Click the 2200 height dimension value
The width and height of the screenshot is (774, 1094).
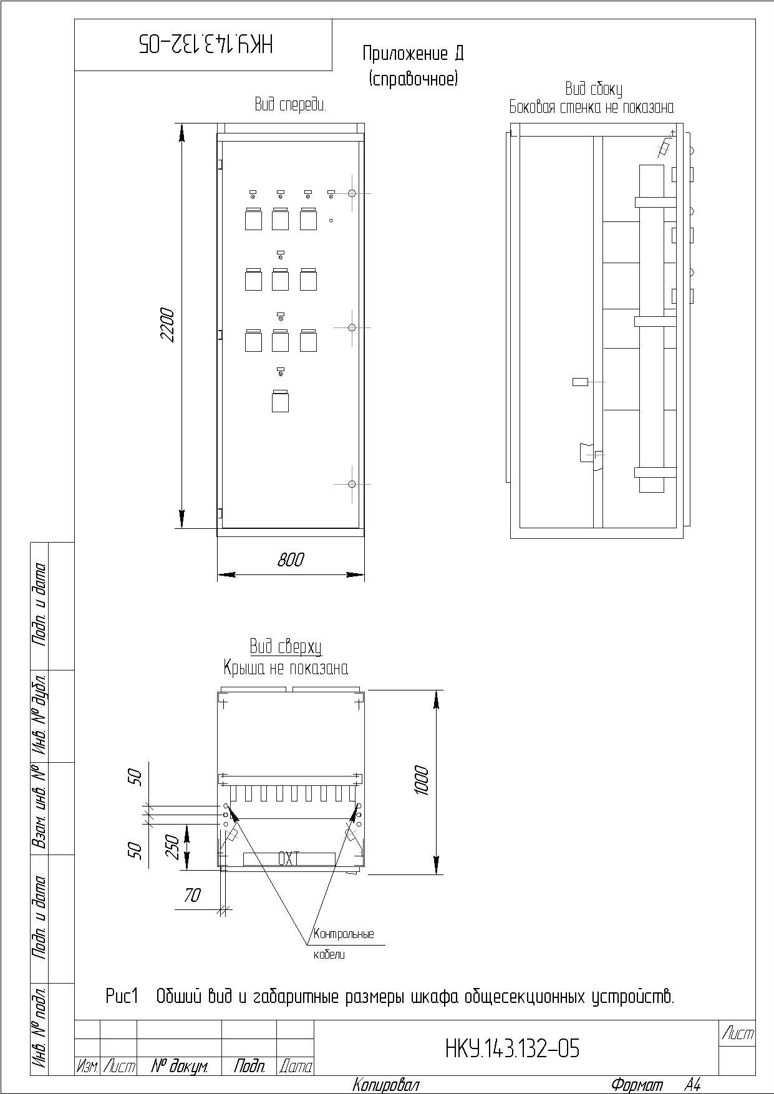coord(168,324)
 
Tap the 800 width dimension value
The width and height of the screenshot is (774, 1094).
coord(291,559)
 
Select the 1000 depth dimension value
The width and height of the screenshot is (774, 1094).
coord(422,780)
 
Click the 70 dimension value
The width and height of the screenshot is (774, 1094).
coord(192,896)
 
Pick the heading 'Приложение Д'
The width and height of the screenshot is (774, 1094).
coord(413,54)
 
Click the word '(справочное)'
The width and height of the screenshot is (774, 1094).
coord(413,79)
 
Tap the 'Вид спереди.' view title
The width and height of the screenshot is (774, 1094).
coord(291,105)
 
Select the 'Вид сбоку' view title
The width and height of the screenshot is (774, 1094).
coord(594,89)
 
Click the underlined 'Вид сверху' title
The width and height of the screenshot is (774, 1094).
coord(286,646)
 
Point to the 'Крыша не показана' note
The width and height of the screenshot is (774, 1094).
coord(286,669)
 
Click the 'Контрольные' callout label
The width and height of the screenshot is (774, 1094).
coord(344,934)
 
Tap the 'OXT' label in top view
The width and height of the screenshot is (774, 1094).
coord(289,859)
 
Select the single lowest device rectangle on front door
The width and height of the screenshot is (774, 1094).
coord(280,401)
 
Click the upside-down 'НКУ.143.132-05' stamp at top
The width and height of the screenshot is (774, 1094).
coord(205,44)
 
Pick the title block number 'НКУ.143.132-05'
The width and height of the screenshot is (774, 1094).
coord(513,1049)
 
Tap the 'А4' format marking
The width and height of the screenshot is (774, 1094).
coord(692,1085)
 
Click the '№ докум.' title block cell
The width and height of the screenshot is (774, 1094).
coord(180,1067)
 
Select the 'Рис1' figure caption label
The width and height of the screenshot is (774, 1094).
coord(121,996)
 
